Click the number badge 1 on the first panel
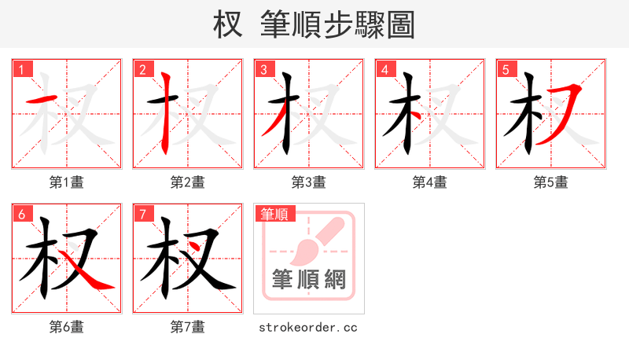tap(21, 68)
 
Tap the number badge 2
tap(142, 68)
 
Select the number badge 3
tap(263, 68)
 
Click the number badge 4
tap(384, 68)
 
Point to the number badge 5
tap(506, 68)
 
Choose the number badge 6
tap(21, 213)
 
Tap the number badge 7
tap(142, 213)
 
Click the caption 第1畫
tap(67, 182)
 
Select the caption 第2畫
tap(188, 182)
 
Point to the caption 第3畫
tap(309, 182)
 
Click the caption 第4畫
tap(430, 182)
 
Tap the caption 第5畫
tap(551, 182)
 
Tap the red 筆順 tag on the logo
tap(274, 213)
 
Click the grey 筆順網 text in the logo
tap(309, 279)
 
